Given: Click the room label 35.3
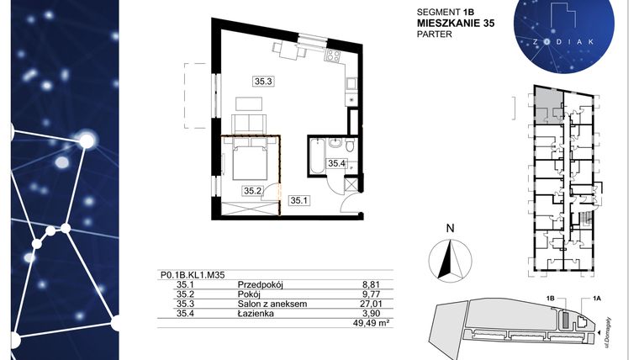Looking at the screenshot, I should pyautogui.click(x=263, y=82).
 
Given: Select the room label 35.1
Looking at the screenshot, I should pyautogui.click(x=299, y=200).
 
